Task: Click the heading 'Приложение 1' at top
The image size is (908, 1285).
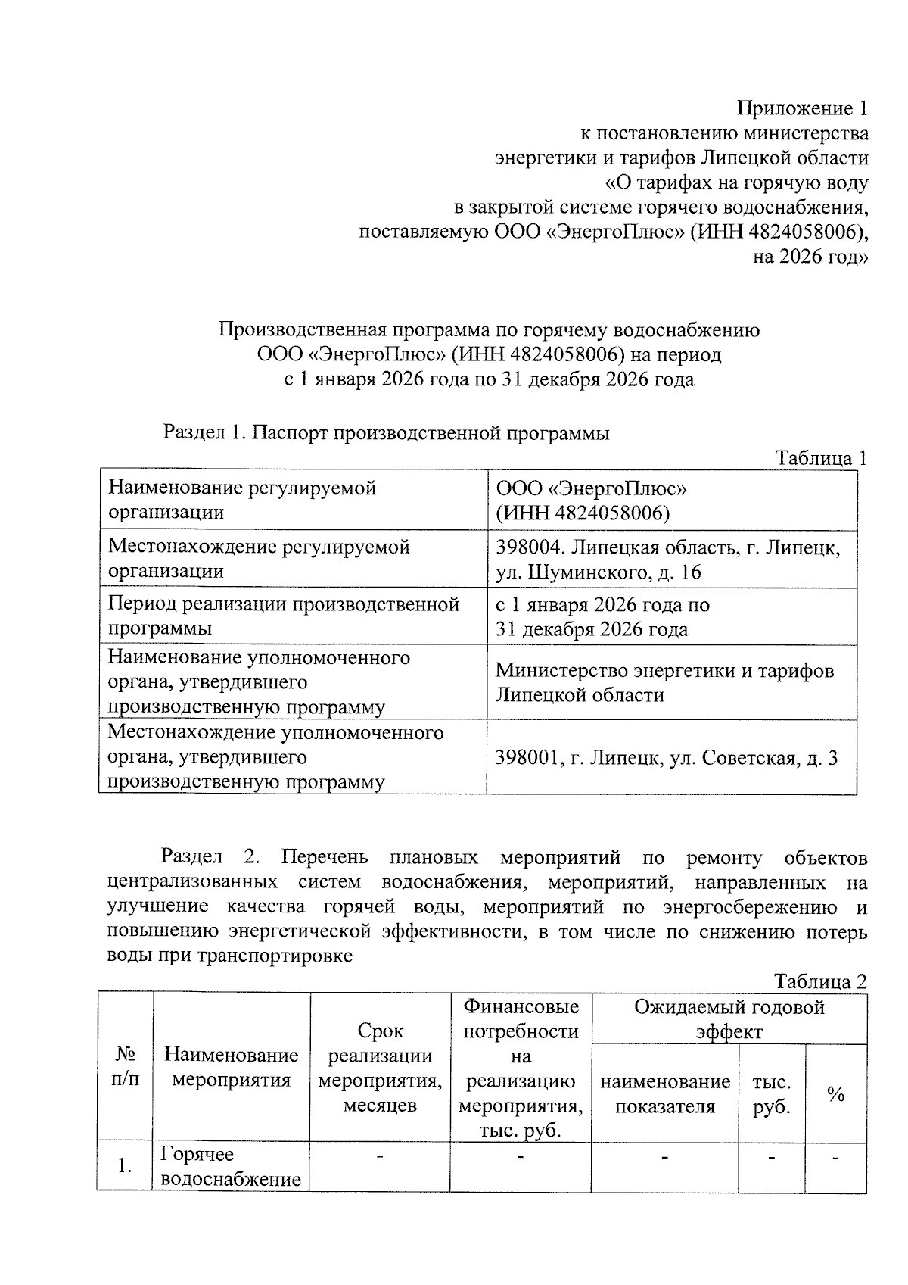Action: tap(803, 109)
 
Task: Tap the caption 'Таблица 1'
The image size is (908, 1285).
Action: tap(820, 458)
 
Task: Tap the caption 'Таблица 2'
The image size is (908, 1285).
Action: tap(820, 981)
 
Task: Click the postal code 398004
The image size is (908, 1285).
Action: tap(528, 547)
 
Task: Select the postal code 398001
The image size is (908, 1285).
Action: tap(527, 757)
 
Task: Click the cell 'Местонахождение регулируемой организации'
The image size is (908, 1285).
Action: tap(259, 559)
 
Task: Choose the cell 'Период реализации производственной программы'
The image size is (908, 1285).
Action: tap(284, 616)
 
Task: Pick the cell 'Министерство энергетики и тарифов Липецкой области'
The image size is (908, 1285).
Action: tap(664, 682)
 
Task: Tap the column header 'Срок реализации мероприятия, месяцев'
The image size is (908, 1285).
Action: tap(380, 1068)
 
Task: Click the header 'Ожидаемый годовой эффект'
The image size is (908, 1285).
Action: tap(729, 1019)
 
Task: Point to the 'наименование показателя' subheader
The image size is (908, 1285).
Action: tap(664, 1093)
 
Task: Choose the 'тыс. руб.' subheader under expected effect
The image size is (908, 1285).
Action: tap(771, 1093)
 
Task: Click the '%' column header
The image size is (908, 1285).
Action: tap(835, 1093)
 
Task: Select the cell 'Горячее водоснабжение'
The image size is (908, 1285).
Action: tap(231, 1166)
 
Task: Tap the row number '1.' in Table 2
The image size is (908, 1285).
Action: tap(126, 1166)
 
